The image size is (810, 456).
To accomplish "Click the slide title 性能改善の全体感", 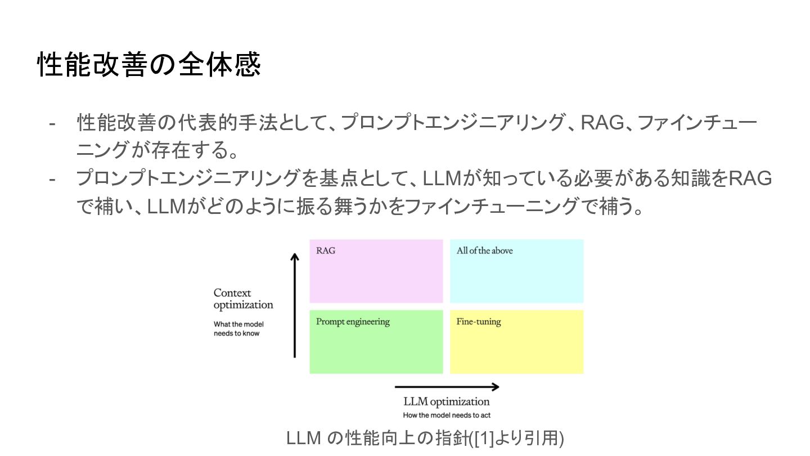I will [x=149, y=65].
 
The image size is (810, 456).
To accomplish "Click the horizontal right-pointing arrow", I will [x=447, y=387].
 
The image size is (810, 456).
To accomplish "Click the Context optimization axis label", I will [x=243, y=299].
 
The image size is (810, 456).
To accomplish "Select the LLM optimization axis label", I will [x=447, y=402].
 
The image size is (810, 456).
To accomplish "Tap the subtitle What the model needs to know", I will [x=238, y=329].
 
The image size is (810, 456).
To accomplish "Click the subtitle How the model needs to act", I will [x=447, y=415].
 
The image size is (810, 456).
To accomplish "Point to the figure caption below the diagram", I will [x=425, y=438].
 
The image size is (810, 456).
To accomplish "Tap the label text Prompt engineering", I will [x=353, y=322].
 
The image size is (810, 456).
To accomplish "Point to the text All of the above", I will [x=485, y=251].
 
